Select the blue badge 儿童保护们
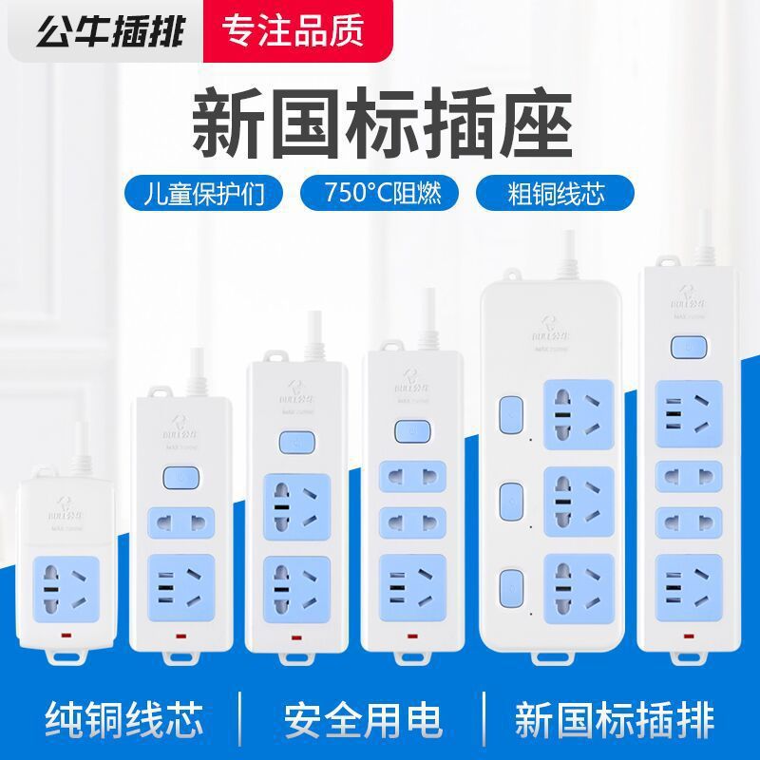tap(206, 192)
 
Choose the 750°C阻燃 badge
tap(380, 192)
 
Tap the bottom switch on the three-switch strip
tap(511, 582)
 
